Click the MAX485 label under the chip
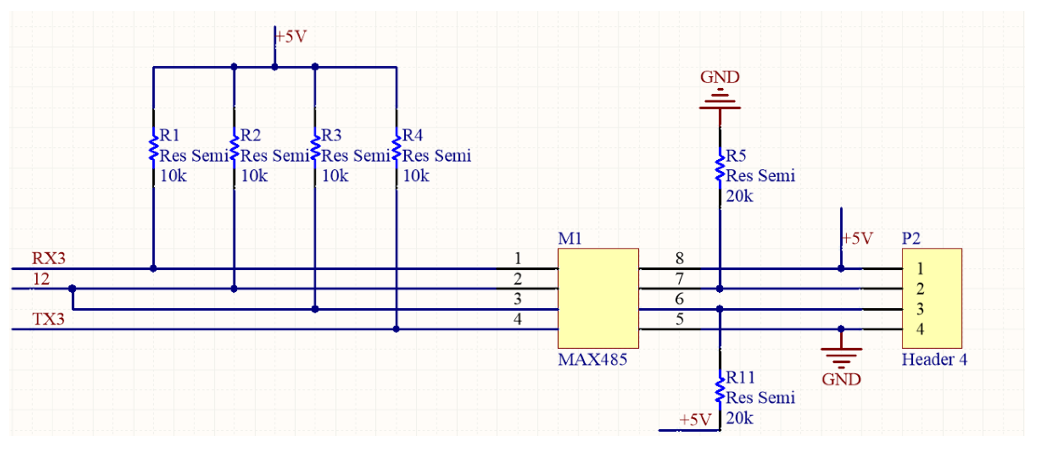point(592,359)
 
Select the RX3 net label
point(48,258)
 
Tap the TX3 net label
point(48,319)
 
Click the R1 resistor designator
point(170,135)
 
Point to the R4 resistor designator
point(412,135)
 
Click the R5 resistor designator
point(736,156)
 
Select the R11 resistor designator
point(740,378)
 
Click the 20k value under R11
point(739,418)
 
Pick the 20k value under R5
point(739,196)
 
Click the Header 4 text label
point(934,359)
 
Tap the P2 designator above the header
point(911,238)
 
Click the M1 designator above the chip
point(569,238)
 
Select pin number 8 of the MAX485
point(679,258)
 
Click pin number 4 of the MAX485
point(517,319)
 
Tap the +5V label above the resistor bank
point(291,37)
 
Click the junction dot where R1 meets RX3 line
point(153,268)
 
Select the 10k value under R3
point(335,176)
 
